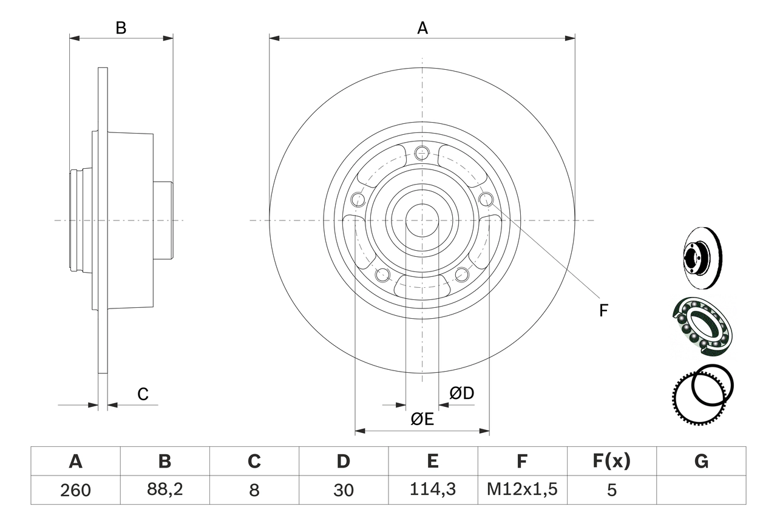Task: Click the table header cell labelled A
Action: pos(75,462)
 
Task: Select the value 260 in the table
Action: pos(75,490)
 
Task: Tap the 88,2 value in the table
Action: pos(165,490)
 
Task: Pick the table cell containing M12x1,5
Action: pos(522,490)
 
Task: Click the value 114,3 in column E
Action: pos(433,490)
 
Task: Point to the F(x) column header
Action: pos(611,462)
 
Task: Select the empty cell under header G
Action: pos(701,490)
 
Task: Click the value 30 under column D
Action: pos(344,490)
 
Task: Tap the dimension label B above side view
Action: pos(121,28)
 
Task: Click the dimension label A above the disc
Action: pos(422,28)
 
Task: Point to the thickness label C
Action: pos(143,395)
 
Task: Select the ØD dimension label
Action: pos(461,394)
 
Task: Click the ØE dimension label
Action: pos(422,420)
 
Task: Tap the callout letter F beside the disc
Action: pos(603,311)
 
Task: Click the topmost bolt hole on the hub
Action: pos(422,153)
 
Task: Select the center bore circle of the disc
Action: pos(422,220)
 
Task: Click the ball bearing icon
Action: pos(702,325)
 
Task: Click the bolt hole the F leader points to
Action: pos(486,199)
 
